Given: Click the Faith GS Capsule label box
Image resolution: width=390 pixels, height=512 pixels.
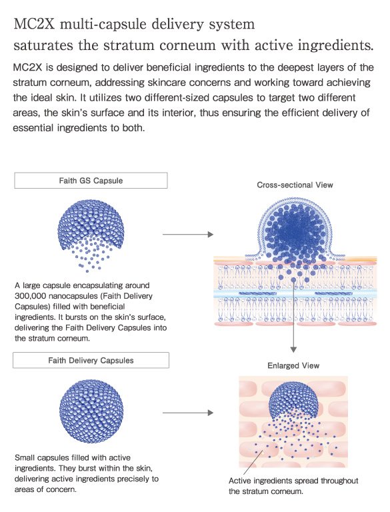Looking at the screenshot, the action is (x=91, y=181).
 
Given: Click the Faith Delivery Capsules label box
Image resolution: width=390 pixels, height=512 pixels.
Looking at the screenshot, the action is (x=91, y=360).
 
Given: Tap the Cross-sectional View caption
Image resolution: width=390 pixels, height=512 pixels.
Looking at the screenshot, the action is (x=295, y=185).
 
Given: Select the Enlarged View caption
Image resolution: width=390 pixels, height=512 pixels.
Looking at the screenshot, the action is (x=293, y=365).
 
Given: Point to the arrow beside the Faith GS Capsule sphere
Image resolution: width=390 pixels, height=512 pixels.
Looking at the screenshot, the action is (x=188, y=234).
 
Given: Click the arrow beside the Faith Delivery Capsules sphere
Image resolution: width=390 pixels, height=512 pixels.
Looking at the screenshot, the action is (x=188, y=413).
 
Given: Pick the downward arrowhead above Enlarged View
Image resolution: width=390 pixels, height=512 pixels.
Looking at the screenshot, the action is (x=293, y=349).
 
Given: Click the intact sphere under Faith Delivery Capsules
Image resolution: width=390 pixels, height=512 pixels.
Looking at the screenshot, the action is (x=91, y=411).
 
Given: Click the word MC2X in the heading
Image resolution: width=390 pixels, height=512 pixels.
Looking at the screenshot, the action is (x=34, y=24).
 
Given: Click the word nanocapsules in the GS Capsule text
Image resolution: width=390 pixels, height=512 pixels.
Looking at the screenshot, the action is (x=63, y=296).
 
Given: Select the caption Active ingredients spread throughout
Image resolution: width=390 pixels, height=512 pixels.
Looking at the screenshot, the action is (x=293, y=481).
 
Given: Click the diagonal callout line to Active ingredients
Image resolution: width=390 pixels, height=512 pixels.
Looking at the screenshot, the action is (x=253, y=463).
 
